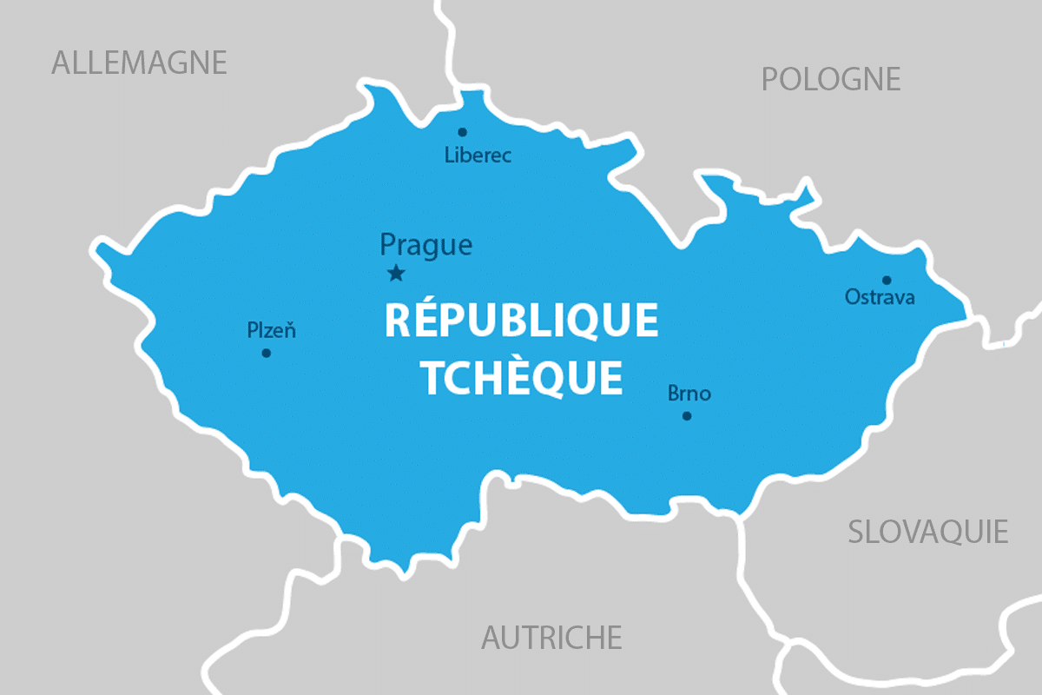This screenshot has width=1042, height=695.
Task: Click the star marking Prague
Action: coord(396,274)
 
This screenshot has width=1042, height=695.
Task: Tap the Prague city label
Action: coord(426,246)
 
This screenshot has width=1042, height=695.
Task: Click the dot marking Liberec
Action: coord(462,132)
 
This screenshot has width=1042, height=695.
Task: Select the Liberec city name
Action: coord(478,156)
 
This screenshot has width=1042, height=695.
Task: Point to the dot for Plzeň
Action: coord(266,353)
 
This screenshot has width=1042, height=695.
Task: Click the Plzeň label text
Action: coord(272,330)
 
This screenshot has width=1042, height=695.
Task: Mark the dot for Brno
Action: coord(687,416)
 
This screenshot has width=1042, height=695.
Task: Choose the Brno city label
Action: coord(689,394)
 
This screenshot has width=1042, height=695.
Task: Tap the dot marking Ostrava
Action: coord(887,280)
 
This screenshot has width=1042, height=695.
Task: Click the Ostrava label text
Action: coord(880,298)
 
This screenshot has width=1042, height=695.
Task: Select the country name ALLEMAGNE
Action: coord(139,63)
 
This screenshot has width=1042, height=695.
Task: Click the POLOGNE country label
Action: coord(831,80)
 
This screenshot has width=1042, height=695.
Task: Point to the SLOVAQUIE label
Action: coord(928,532)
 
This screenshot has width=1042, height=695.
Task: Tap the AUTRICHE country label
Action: coord(551,638)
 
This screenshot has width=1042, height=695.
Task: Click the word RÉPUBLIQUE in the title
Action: coord(521,320)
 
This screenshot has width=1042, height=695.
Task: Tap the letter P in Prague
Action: coord(388,246)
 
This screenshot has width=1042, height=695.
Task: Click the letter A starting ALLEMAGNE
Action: coord(62,63)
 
